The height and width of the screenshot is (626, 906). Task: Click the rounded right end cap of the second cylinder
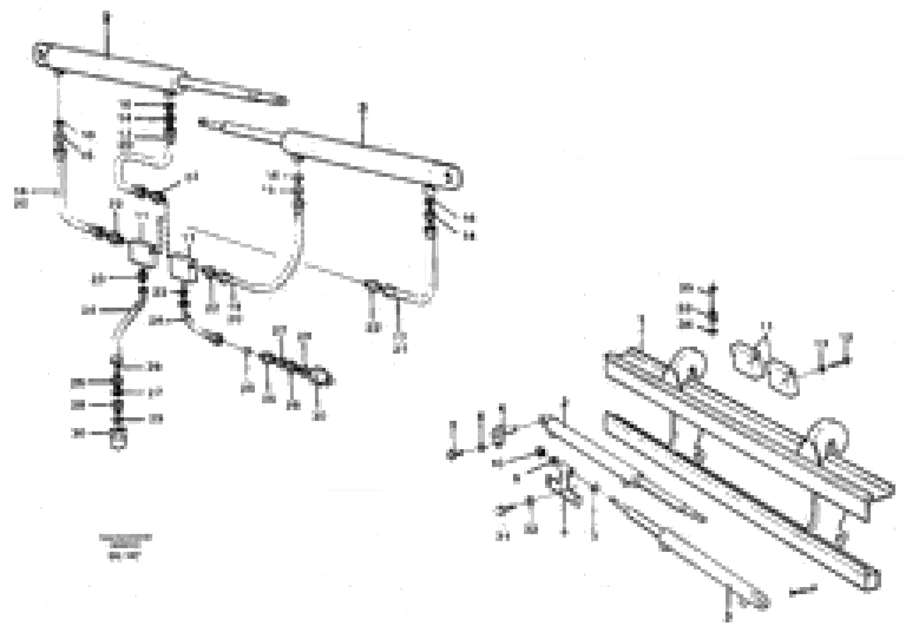454,179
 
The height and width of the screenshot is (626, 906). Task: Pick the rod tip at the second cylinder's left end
203,123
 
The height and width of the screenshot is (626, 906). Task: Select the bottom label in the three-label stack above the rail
687,325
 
